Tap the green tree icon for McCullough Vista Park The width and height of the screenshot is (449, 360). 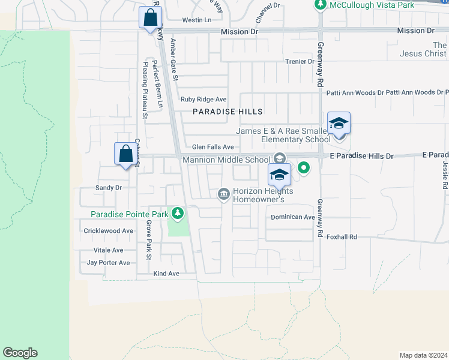point(321,5)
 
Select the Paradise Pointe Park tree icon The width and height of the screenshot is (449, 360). point(177,213)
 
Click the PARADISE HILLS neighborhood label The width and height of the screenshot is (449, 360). point(228,112)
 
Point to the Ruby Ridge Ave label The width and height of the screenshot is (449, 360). point(203,99)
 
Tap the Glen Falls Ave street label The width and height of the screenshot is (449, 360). point(212,147)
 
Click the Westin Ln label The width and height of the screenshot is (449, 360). point(197,20)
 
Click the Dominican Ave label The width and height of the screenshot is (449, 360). point(292,217)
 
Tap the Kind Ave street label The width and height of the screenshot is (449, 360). point(166,274)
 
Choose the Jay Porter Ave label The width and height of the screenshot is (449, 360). point(108,263)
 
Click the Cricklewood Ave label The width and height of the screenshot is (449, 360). point(108,230)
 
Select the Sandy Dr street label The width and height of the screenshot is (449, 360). point(109,188)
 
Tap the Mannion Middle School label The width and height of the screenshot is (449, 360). point(226,160)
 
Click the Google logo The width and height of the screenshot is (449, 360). point(20,353)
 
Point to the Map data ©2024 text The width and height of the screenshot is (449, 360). point(423,355)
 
